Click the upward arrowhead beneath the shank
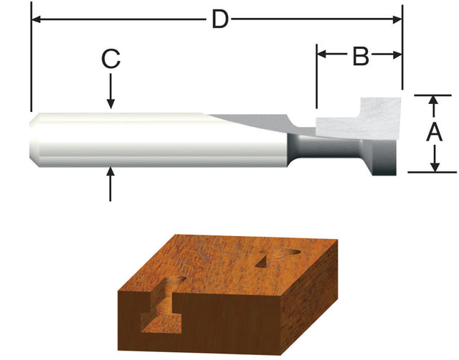[x=110, y=173]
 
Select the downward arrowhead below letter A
[x=433, y=166]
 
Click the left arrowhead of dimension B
[x=322, y=55]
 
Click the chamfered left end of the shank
[x=35, y=141]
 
